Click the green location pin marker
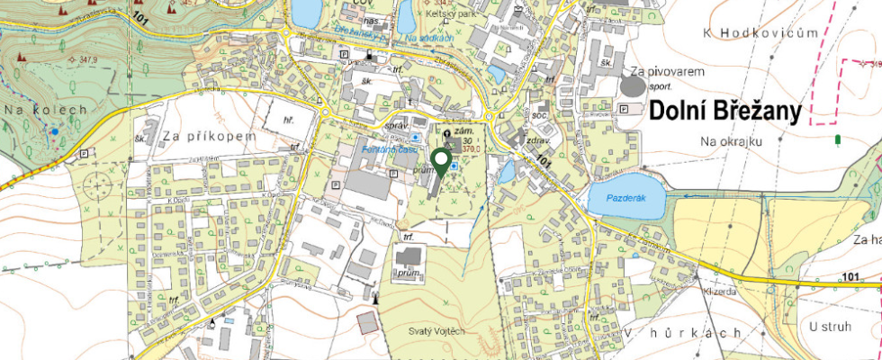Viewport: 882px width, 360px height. [441, 161]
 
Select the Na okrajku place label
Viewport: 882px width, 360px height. [731, 142]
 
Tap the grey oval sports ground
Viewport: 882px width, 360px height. [634, 86]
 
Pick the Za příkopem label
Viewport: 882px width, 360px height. [209, 136]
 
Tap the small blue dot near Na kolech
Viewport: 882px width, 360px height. [54, 131]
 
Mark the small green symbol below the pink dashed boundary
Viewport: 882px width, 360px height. [839, 139]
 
